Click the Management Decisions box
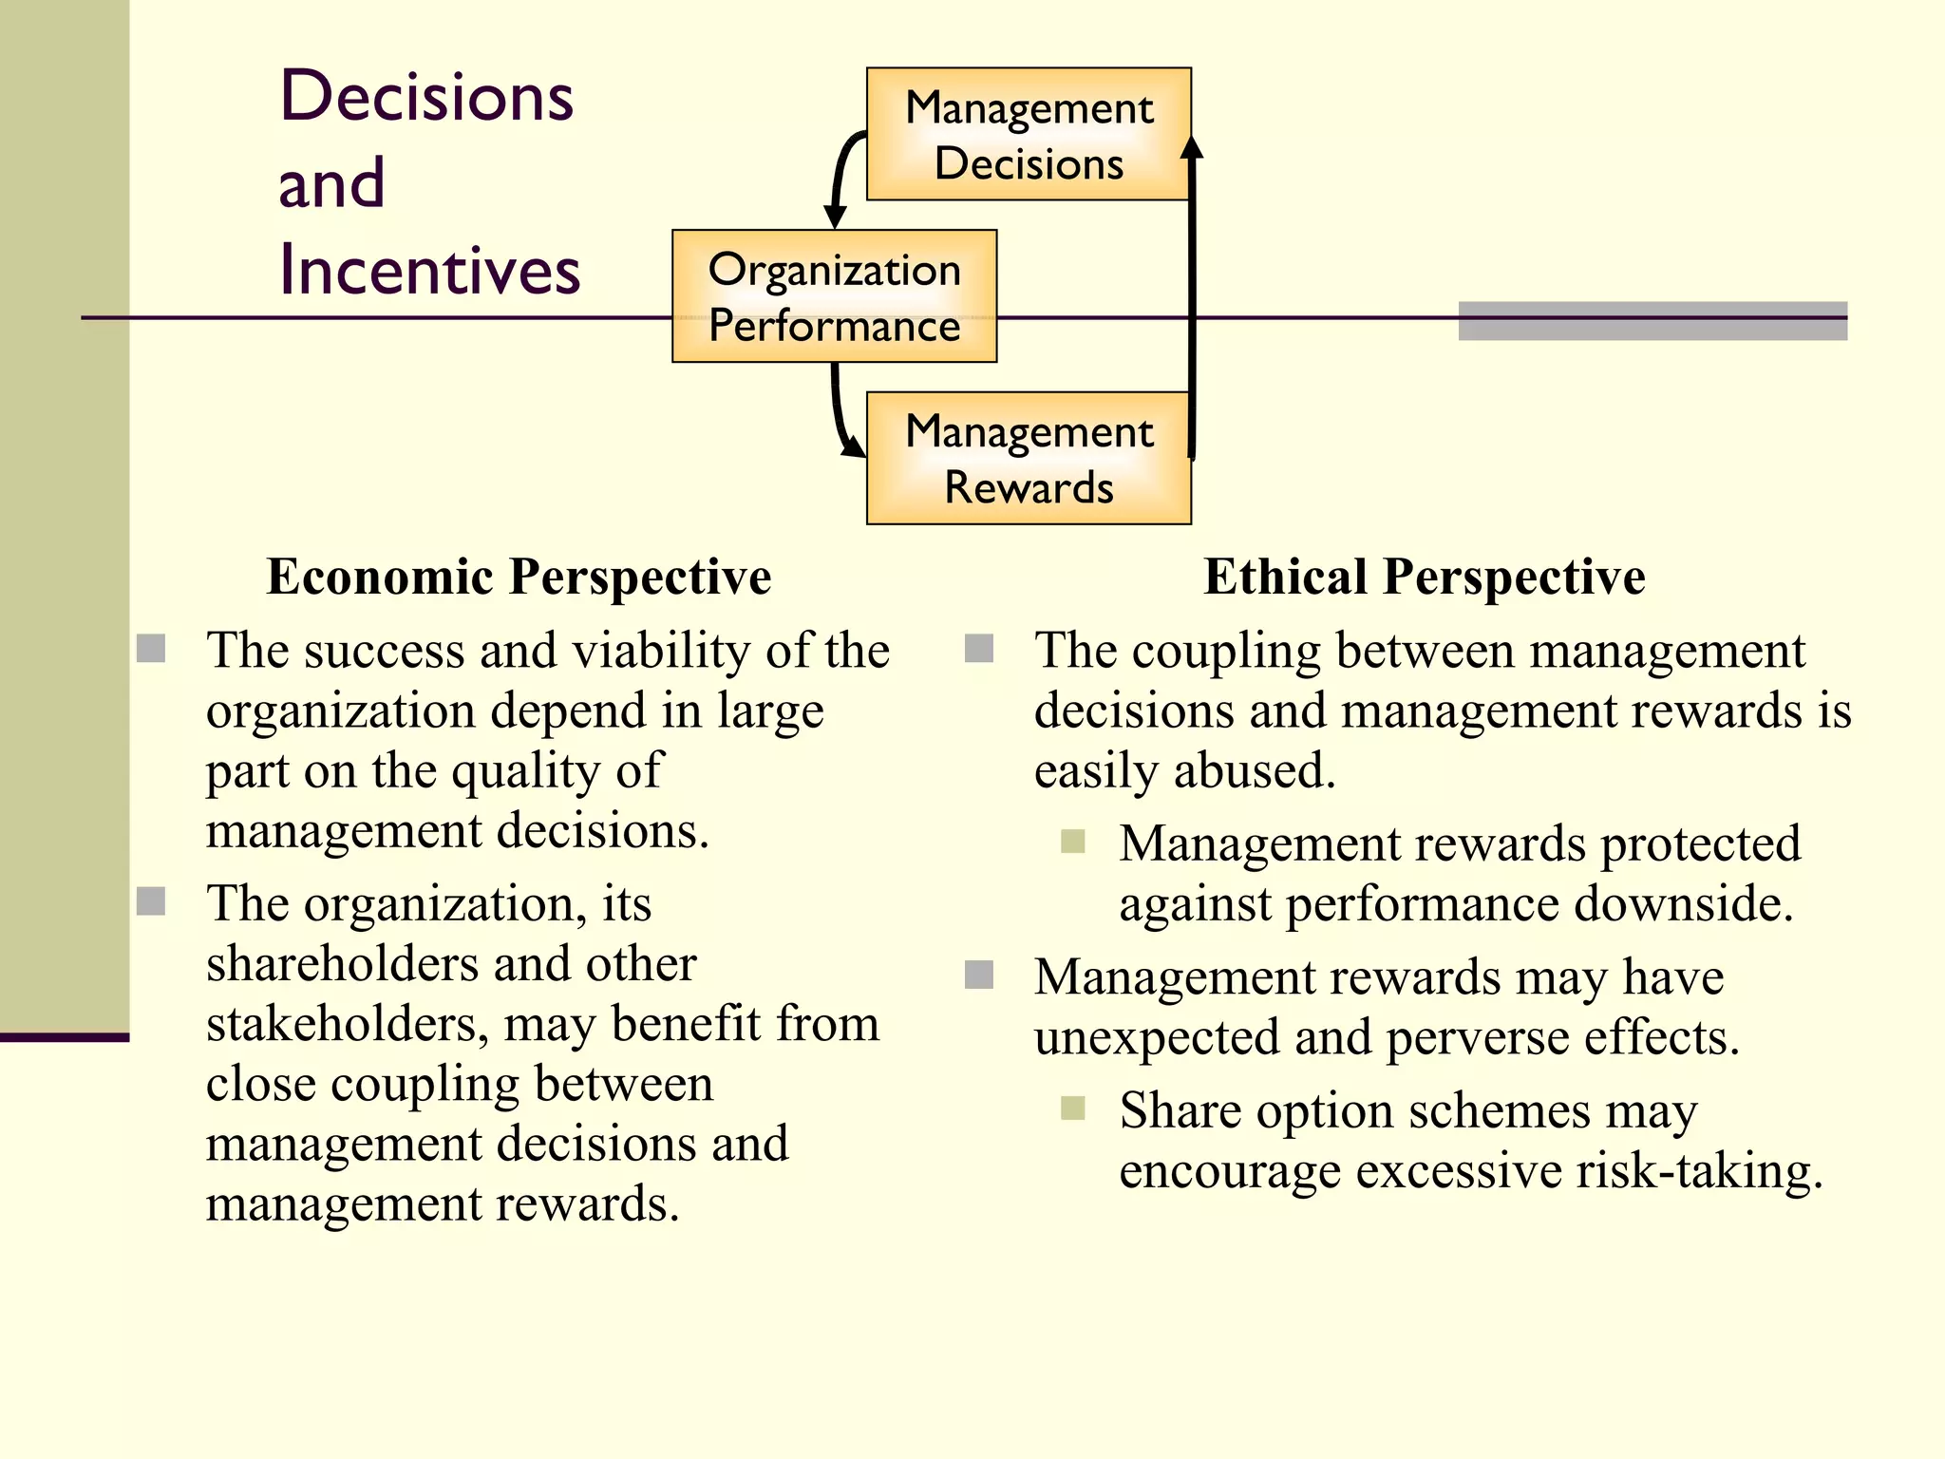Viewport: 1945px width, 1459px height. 1029,134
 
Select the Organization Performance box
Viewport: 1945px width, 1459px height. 834,296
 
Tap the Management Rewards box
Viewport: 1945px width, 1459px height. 1029,458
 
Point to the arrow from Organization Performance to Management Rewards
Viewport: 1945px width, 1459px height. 840,413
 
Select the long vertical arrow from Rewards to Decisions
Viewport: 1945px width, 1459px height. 1192,304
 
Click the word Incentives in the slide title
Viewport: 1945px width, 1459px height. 429,271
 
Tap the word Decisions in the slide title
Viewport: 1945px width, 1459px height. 427,97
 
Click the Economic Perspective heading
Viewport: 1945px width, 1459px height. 519,577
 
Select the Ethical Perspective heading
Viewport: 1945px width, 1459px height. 1425,577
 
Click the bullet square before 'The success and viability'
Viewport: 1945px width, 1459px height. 151,649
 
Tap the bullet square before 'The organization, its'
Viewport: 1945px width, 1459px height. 151,901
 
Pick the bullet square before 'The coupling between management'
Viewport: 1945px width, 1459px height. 979,649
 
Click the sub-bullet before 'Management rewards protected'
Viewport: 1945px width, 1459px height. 1073,842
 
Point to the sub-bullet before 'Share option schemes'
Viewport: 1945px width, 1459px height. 1073,1108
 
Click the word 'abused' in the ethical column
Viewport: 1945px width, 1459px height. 1254,770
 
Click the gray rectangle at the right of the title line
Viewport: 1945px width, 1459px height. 1652,321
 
